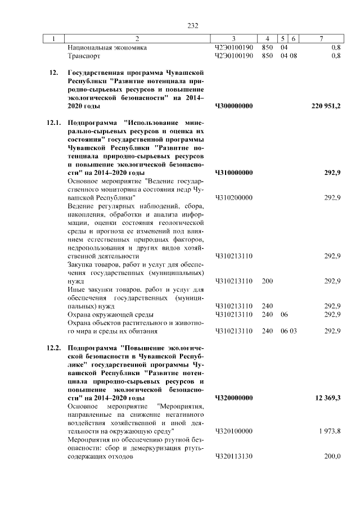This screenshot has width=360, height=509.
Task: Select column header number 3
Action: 234,39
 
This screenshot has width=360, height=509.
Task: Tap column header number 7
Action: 321,39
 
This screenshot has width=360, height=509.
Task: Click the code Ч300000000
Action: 234,106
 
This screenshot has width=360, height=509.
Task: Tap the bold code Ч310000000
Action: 234,173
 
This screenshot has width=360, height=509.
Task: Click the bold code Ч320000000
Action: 234,398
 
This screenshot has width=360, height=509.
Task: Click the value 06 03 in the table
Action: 289,331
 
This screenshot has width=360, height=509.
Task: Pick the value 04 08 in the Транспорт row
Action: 289,56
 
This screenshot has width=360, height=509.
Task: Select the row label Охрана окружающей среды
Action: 110,314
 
